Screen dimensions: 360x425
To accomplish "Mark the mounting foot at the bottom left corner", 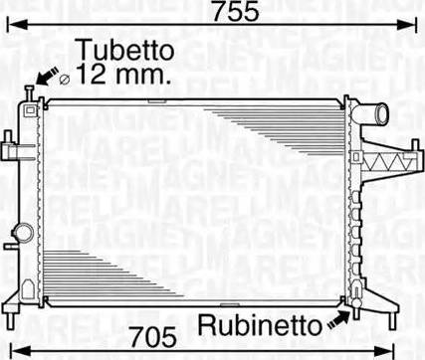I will coord(19,295).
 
